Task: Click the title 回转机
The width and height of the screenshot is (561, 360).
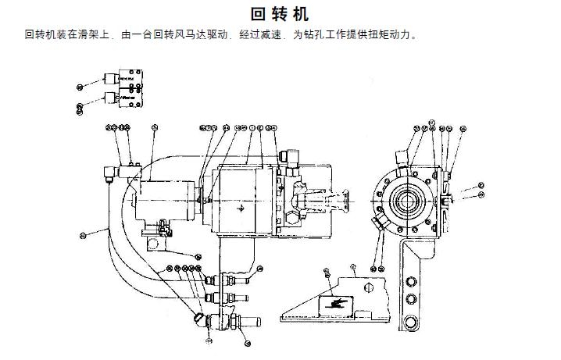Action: point(280,14)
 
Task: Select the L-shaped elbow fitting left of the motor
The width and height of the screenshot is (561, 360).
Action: point(115,173)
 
